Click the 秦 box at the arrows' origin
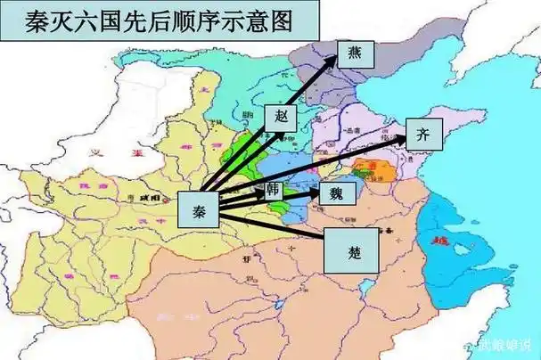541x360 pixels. [197, 208]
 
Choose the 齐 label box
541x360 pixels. [423, 135]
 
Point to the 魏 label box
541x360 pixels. [336, 192]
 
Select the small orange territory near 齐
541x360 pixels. [365, 168]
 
